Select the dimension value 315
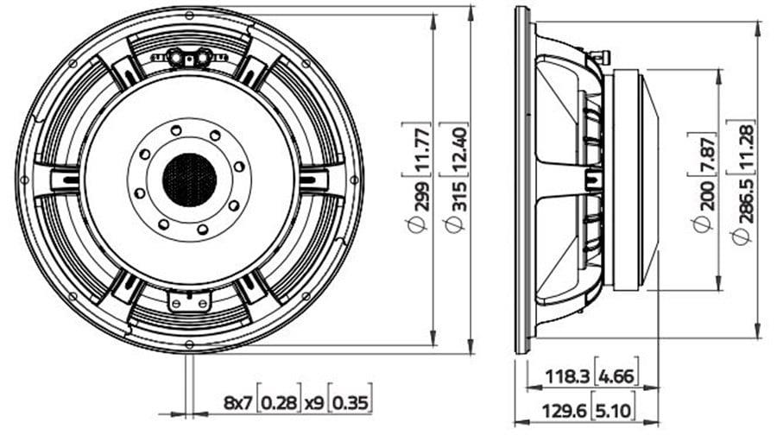[459, 197]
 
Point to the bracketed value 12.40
[459, 149]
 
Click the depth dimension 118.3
[567, 377]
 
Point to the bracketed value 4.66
[616, 377]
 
